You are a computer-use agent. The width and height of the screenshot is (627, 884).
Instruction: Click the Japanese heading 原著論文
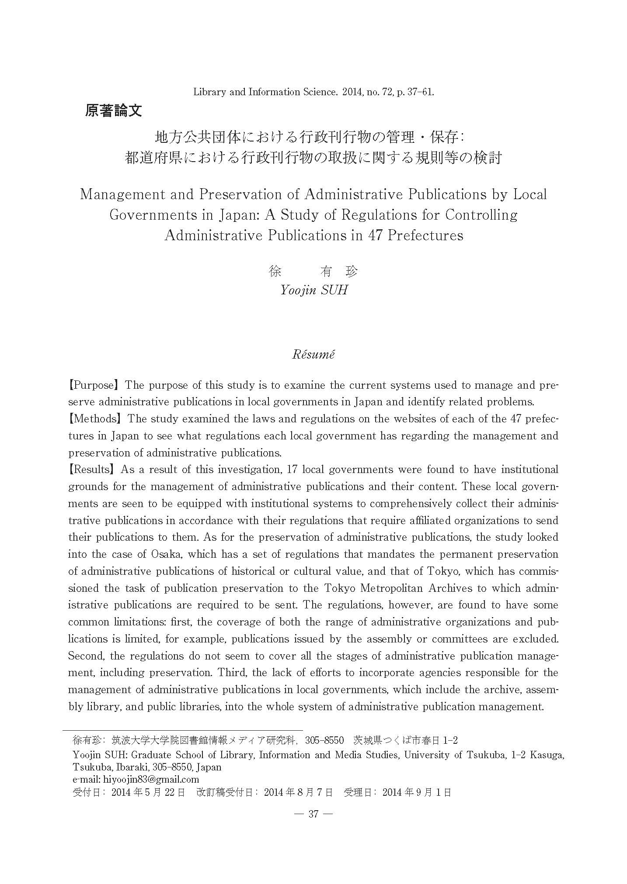coord(113,111)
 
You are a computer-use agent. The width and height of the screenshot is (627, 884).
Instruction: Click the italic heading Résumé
coord(313,354)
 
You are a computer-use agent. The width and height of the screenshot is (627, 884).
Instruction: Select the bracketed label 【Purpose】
coord(94,385)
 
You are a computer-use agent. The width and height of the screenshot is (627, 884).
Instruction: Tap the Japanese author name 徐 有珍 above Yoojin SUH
coord(313,272)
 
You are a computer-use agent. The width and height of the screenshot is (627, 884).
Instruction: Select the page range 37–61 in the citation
coord(417,92)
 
